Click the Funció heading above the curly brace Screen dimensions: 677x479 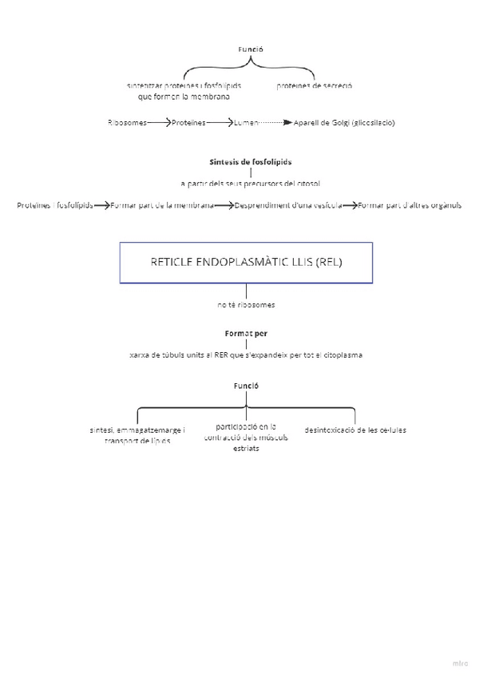[251, 49]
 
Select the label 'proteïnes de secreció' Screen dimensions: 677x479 [315, 85]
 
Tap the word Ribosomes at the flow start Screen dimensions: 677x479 [126, 123]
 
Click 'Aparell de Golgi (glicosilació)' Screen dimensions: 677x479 [345, 123]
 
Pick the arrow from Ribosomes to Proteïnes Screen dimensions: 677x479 [160, 123]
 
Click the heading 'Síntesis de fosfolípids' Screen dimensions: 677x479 [251, 161]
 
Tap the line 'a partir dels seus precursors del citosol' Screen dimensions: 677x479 [251, 184]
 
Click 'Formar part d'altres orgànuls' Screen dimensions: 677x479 [410, 205]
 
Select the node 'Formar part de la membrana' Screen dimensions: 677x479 [162, 205]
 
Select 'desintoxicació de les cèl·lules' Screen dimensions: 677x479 [355, 430]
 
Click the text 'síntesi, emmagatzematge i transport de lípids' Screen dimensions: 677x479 [137, 435]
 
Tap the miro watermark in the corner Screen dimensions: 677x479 [460, 662]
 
